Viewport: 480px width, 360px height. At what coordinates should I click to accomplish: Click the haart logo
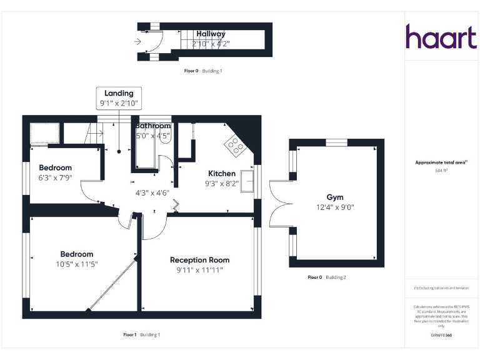point(441,37)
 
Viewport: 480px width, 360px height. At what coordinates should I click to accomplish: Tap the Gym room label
point(335,197)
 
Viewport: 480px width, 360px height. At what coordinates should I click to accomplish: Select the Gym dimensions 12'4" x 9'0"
point(335,207)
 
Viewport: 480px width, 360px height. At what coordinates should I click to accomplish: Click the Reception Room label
point(199,260)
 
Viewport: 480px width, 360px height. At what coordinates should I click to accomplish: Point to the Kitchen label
point(222,174)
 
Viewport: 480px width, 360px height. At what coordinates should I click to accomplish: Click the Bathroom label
point(153,126)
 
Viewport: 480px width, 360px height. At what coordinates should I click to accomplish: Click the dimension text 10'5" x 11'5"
point(77,264)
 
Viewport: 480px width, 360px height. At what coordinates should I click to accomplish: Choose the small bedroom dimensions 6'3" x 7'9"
point(56,177)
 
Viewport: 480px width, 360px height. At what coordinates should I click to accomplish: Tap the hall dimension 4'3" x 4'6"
point(153,192)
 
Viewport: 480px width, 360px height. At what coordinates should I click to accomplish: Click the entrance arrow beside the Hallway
point(137,42)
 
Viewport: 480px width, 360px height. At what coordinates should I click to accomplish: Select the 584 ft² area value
point(441,170)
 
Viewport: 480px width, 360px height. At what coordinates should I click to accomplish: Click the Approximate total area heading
point(441,162)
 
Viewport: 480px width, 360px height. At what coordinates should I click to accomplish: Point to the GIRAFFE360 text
point(441,336)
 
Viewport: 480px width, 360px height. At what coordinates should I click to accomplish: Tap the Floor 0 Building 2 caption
point(327,277)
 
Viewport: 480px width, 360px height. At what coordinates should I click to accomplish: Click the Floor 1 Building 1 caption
point(141,335)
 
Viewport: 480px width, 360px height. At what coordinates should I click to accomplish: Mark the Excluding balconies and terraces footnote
point(441,288)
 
